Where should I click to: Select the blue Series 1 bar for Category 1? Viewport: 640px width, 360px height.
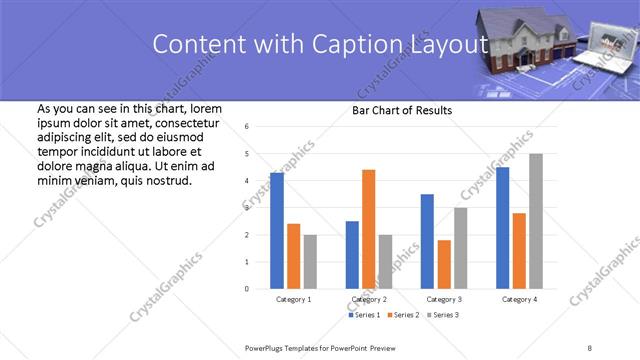pyautogui.click(x=277, y=231)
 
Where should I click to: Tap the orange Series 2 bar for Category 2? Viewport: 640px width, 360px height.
pyautogui.click(x=368, y=229)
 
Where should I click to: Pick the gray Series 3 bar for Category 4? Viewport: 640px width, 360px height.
pyautogui.click(x=536, y=221)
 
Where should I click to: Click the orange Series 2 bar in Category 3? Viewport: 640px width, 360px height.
pyautogui.click(x=444, y=264)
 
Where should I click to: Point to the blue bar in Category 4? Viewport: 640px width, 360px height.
pyautogui.click(x=502, y=228)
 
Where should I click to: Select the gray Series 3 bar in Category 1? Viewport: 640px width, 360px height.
pyautogui.click(x=310, y=262)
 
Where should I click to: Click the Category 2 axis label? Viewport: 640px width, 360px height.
pyautogui.click(x=368, y=299)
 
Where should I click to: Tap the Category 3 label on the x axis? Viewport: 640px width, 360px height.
pyautogui.click(x=443, y=299)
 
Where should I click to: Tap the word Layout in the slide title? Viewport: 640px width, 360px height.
pyautogui.click(x=451, y=45)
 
